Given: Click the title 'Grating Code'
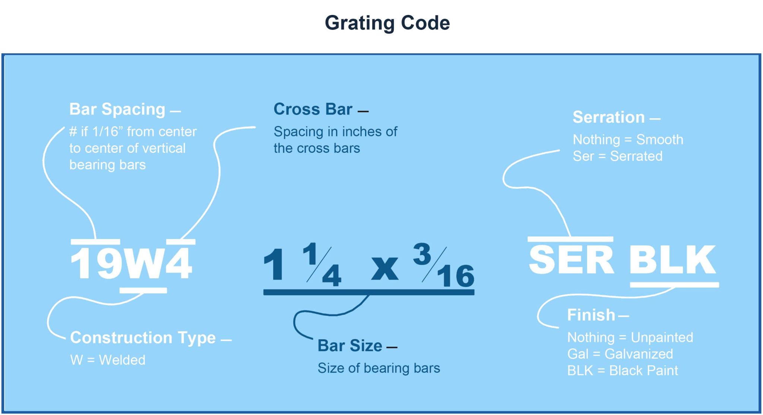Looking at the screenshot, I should point(387,23).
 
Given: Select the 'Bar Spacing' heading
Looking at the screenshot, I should point(117,109).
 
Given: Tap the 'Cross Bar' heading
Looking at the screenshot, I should point(313,109).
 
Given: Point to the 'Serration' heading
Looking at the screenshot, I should point(608,117).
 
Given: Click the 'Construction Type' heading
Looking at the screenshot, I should point(143,338).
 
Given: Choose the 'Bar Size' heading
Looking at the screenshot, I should point(349,346).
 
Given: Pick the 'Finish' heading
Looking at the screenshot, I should point(591,315).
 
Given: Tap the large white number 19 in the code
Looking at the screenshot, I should point(96,263).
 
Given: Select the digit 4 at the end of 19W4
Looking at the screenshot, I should point(179,263).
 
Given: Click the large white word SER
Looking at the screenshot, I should point(570,260).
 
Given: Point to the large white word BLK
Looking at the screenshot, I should point(672,260).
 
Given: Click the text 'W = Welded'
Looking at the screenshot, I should point(108,360).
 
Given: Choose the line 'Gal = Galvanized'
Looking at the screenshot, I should point(620,354).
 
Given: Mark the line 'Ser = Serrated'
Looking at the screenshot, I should point(617,156).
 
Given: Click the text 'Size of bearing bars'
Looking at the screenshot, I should point(379,368).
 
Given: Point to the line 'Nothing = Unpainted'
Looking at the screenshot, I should point(630,337).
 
